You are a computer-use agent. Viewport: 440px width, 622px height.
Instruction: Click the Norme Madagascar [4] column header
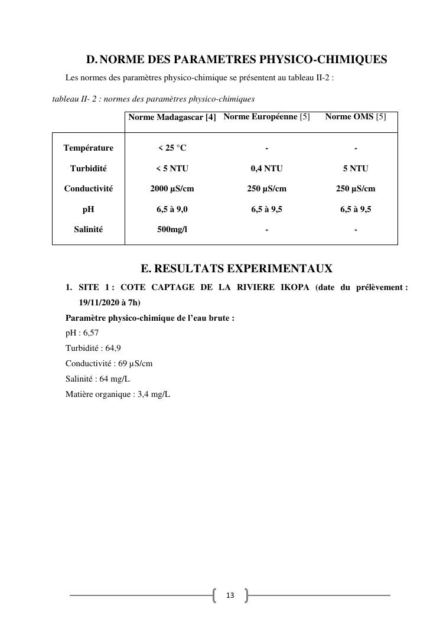coord(172,118)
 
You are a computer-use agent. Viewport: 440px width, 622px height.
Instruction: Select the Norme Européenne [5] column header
coord(266,117)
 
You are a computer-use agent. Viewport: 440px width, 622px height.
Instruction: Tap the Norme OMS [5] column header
coord(356,117)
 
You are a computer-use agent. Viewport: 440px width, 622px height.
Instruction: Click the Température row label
coord(89,148)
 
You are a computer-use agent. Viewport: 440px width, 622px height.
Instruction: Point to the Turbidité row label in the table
coord(89,169)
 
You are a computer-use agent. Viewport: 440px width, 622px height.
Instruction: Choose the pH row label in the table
coord(89,210)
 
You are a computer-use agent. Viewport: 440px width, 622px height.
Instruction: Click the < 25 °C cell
coord(172,148)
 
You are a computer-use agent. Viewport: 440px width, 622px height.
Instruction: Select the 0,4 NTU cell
coord(266,169)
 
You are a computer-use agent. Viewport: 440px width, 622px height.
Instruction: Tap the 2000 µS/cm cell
coord(172,189)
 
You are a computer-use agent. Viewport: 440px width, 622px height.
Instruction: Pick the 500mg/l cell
coord(172,230)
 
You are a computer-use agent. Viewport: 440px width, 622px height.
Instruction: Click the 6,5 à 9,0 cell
coord(172,210)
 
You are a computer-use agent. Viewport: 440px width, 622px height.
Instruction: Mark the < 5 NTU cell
coord(172,169)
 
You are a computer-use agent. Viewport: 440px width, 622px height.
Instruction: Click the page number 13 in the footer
coord(230,595)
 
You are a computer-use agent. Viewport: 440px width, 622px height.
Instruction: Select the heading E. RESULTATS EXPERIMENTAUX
coord(236,269)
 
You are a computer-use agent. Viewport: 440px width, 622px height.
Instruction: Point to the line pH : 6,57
coord(82,333)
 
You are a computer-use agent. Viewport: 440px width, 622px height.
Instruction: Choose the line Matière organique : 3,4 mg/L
coord(118,395)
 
